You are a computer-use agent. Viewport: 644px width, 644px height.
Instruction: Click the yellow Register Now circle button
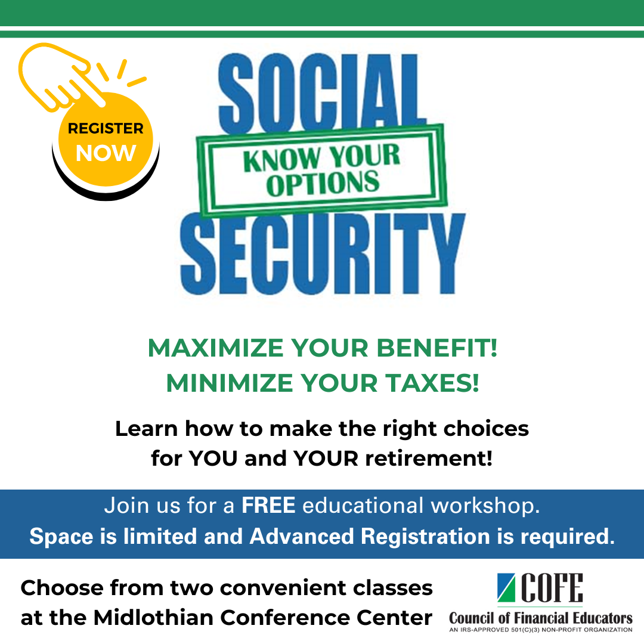106,141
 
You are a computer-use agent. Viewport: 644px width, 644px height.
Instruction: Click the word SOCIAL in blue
323,89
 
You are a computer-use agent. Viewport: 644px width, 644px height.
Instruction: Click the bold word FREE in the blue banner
268,506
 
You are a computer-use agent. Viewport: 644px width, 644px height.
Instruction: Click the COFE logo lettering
551,589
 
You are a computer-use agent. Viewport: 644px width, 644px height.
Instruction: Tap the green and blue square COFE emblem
506,589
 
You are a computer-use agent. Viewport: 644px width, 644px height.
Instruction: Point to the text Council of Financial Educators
541,618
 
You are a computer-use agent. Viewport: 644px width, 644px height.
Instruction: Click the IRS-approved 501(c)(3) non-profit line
541,630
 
